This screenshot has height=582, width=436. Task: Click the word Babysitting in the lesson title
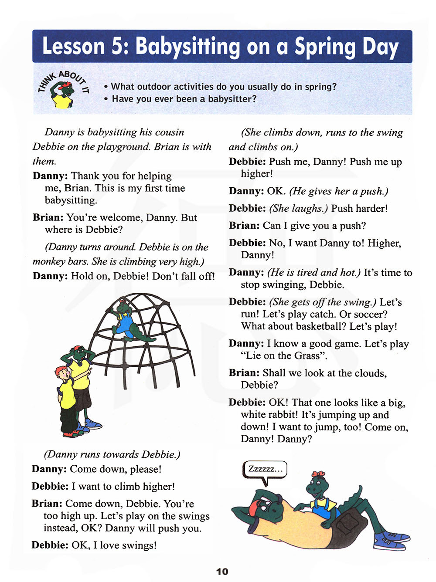(187, 47)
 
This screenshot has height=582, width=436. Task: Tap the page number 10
(222, 572)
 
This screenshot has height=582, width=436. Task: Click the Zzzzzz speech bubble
(265, 469)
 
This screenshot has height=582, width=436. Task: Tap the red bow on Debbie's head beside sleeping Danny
(318, 474)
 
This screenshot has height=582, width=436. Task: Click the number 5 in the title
(118, 46)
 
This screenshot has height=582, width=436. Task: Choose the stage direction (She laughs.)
(298, 209)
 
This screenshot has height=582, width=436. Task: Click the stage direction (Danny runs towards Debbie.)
(112, 454)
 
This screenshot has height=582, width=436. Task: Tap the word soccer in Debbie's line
(371, 314)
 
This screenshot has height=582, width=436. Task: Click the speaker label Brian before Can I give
(244, 226)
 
